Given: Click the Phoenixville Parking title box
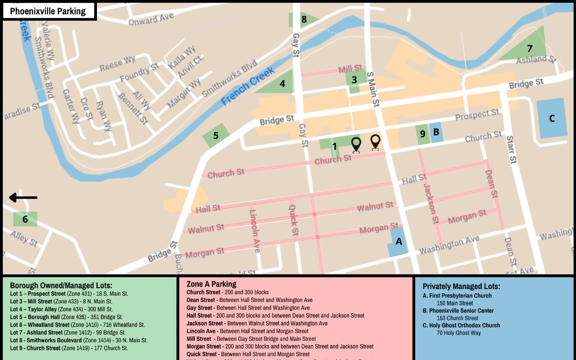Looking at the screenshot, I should click(x=48, y=12).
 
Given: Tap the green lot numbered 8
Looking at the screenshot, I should click(x=303, y=20).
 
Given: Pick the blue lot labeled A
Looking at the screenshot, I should click(x=398, y=242).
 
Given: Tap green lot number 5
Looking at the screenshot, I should click(x=216, y=136).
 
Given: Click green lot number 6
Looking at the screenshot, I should click(x=25, y=219).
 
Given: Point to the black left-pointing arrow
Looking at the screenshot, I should click(x=23, y=197).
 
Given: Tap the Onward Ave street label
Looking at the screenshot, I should click(x=150, y=19).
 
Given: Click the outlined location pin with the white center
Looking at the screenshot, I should click(x=375, y=143).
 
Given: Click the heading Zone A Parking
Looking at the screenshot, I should click(x=211, y=284).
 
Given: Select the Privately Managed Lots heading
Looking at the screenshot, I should click(x=461, y=287).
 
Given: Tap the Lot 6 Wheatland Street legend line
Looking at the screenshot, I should click(x=77, y=325).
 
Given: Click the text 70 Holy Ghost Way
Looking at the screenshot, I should click(x=458, y=333).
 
